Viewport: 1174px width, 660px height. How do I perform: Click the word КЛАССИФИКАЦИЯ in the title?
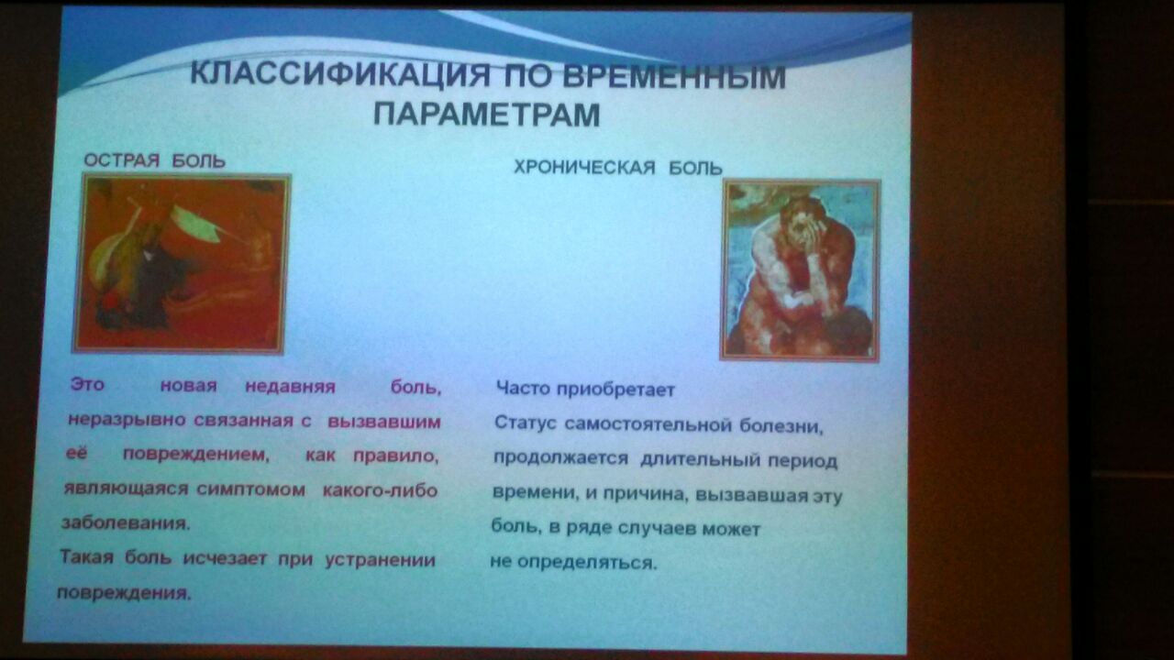coord(339,74)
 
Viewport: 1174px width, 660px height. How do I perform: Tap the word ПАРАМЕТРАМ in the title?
coord(487,115)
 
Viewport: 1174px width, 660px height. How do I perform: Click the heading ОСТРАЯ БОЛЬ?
coord(155,160)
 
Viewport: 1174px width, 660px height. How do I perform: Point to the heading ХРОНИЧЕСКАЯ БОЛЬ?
coord(618,168)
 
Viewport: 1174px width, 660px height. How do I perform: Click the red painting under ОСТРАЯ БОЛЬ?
coord(182,264)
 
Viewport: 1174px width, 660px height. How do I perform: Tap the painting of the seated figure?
coord(801,269)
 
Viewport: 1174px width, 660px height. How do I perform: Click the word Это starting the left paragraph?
coord(87,384)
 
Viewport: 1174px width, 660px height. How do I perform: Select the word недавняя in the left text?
coord(291,387)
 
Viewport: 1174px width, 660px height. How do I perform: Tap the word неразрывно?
coord(127,420)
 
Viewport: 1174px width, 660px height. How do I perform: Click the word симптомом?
coord(251,489)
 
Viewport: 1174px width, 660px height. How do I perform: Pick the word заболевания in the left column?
coord(126,523)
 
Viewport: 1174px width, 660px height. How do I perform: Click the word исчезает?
coord(225,558)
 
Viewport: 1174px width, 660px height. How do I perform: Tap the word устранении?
coord(381,560)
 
